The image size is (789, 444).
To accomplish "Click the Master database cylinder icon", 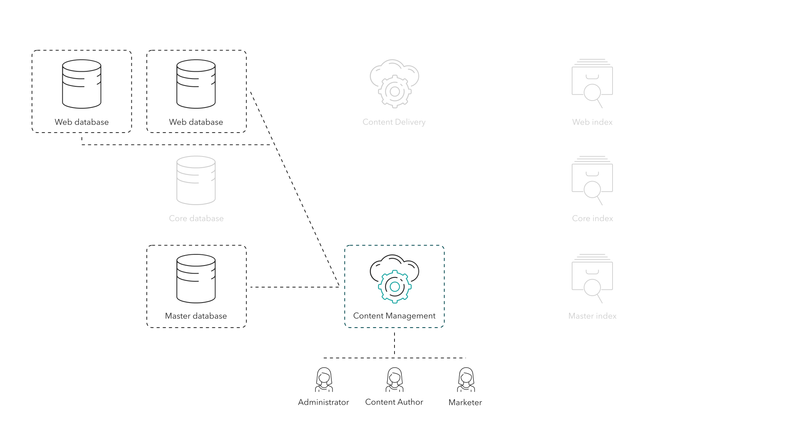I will pos(196,278).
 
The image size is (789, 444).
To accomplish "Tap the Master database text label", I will pos(196,316).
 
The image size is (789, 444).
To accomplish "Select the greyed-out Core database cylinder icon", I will pos(196,180).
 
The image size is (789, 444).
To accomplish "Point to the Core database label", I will pos(196,219).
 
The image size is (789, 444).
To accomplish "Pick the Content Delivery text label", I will pos(394,122).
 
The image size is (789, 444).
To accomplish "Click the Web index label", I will pos(592,122).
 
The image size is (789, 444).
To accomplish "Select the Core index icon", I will pos(592,180).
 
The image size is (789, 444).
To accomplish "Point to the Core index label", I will pos(592,219).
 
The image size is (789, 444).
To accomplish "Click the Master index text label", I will pos(592,316).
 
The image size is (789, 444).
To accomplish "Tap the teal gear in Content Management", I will pos(394,287).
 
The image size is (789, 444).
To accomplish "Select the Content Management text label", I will pos(394,316).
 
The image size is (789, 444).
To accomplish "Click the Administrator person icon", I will pos(324,380).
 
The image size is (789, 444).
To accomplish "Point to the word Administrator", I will pos(323,402).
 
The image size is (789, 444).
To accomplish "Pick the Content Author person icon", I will pos(394,380).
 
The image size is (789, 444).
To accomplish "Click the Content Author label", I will pos(394,402).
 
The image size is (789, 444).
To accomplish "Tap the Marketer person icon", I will pos(466,380).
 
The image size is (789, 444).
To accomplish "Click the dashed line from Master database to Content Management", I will pos(295,287).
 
